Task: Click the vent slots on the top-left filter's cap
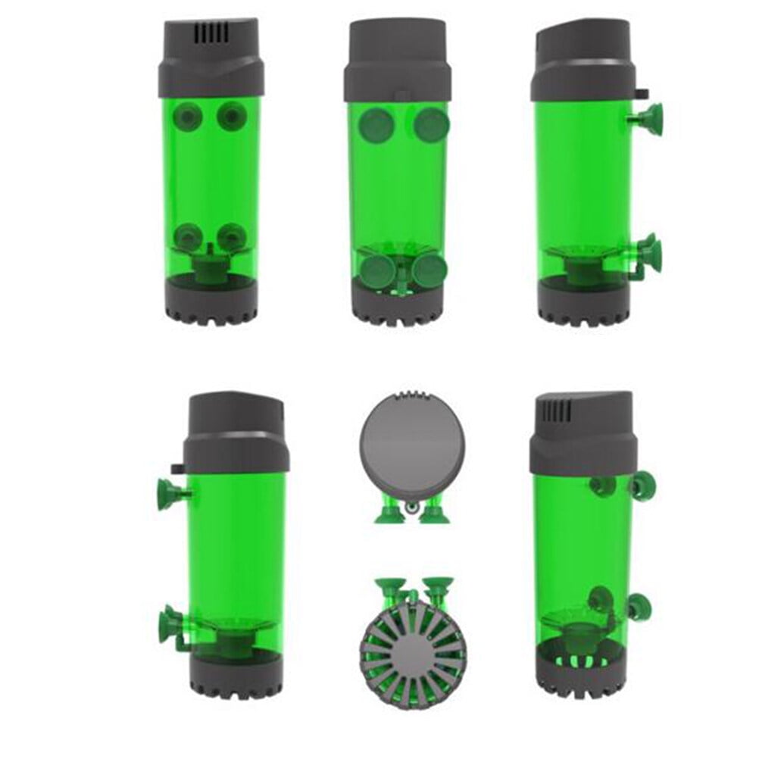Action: point(212,33)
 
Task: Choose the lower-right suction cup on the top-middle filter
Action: point(430,270)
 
